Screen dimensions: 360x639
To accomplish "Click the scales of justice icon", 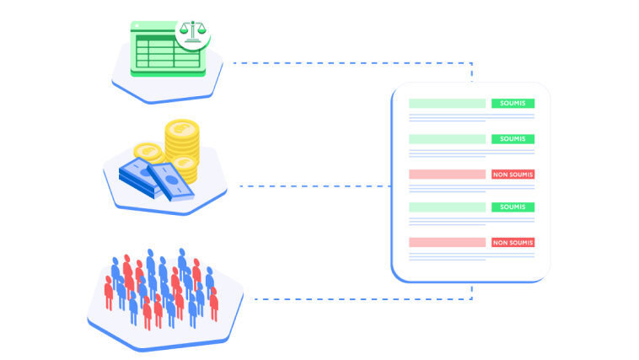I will coord(194,32).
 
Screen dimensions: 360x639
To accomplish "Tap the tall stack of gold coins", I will coord(181,148).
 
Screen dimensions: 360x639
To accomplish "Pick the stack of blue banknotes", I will coord(152,175).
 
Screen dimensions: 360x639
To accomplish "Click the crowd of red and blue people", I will coord(160,287).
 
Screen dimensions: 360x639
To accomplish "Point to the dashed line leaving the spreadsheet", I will coord(337,62).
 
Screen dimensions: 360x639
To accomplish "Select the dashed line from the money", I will coord(312,185).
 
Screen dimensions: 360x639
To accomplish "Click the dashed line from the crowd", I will coord(354,298).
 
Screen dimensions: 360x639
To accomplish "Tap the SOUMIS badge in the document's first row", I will coord(513,104).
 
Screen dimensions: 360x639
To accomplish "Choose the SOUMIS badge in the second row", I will coord(513,139).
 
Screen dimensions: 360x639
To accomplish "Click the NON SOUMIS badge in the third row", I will coord(513,175).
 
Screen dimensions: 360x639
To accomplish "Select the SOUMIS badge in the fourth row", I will coord(513,207).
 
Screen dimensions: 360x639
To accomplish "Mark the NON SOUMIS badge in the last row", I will coord(513,243).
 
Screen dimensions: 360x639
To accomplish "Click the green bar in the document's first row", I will coord(447,104).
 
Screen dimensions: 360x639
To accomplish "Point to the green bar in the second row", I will coord(447,139).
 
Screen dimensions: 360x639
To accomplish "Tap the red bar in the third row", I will coord(447,175).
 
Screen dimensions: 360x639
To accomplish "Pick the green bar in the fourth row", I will coord(447,207).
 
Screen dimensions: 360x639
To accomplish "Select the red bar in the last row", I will coord(447,243).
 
